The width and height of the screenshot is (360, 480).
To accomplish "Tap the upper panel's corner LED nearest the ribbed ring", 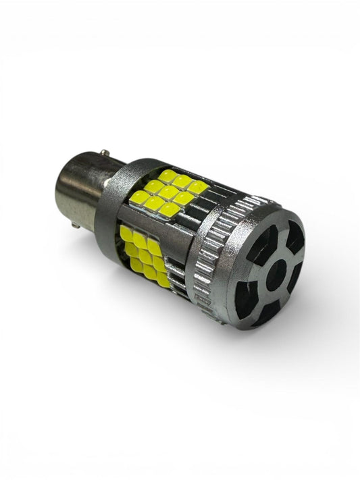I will pos(197,188).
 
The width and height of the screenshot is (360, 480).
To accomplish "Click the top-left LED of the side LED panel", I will pos(127,234).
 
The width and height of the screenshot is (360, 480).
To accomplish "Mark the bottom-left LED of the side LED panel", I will pos(136,265).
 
